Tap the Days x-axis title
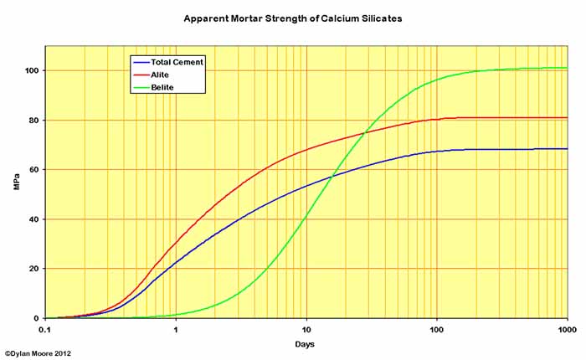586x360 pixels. click(306, 344)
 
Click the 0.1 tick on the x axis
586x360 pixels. click(45, 329)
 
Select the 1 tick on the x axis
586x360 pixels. click(176, 329)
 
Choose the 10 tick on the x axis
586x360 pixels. click(306, 329)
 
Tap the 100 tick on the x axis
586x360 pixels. click(436, 329)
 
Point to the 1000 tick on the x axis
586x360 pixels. click(566, 329)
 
